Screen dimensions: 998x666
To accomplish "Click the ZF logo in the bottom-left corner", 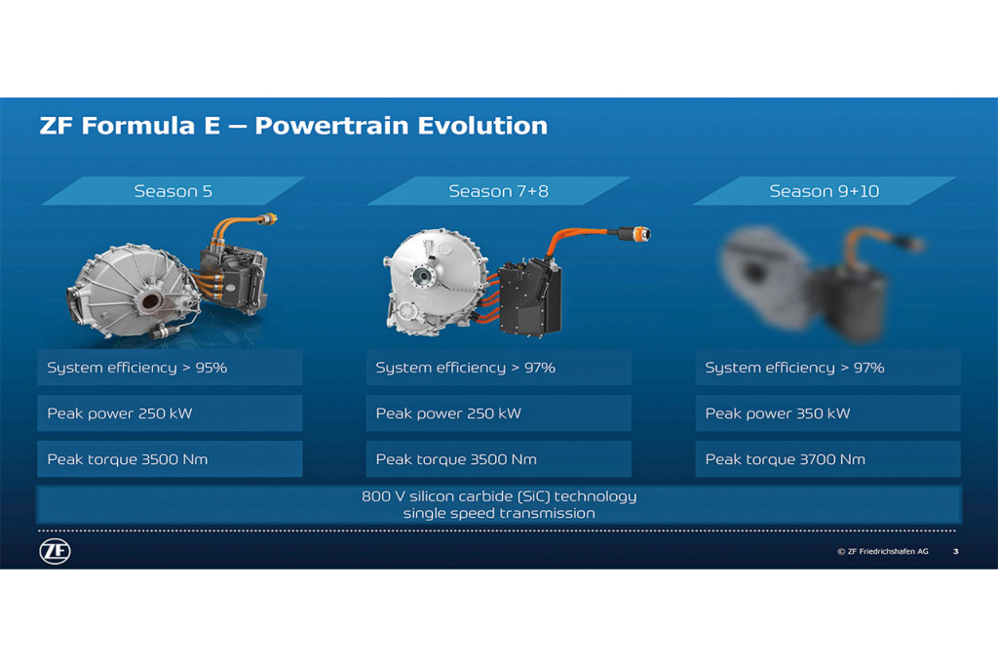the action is point(55,551).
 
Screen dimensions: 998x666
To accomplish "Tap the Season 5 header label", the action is point(173,191).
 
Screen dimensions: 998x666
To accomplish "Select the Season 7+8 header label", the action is point(498,191).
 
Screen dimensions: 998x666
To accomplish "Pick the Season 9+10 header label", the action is point(825,191).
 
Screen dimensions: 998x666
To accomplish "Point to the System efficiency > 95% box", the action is point(170,368).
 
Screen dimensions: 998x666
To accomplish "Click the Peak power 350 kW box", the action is point(828,413).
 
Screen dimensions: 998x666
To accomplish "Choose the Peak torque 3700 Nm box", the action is point(828,459).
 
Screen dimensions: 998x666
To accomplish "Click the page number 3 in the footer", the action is point(955,551).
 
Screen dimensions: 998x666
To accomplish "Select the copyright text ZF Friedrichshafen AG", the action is point(883,551).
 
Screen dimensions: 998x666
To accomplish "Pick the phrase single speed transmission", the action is point(499,513).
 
